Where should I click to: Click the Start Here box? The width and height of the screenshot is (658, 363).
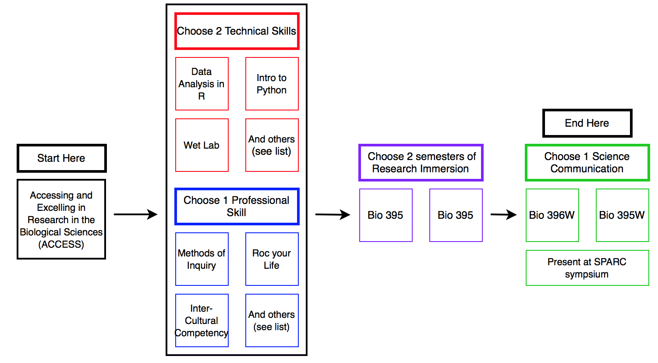(x=61, y=158)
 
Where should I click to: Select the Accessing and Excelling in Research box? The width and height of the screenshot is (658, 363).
(x=61, y=219)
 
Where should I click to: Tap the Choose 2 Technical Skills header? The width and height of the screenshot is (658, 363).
(x=237, y=31)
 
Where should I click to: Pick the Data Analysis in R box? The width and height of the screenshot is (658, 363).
(x=202, y=84)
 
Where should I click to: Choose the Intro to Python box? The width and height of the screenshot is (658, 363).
(x=272, y=84)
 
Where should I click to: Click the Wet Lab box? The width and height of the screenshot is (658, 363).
(x=202, y=145)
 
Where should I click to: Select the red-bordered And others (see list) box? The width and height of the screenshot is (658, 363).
(x=272, y=145)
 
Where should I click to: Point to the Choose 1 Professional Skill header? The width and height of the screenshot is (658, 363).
(x=237, y=206)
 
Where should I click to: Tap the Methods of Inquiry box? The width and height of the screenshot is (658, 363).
(x=202, y=259)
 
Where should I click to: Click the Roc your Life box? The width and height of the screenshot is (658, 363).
(x=272, y=259)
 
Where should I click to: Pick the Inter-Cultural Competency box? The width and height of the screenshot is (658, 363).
(x=202, y=320)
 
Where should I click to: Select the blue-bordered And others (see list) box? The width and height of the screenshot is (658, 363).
(x=272, y=320)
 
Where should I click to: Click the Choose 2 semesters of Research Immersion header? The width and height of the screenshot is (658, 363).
(x=421, y=163)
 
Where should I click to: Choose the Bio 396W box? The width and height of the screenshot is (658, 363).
(x=552, y=215)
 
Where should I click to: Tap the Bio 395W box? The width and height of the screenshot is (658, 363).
(x=622, y=215)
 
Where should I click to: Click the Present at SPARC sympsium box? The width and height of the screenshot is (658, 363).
(x=587, y=268)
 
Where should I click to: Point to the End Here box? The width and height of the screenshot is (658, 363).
(x=587, y=123)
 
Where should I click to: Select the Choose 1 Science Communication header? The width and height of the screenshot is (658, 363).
(x=587, y=163)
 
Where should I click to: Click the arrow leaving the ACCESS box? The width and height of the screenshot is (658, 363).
(x=135, y=214)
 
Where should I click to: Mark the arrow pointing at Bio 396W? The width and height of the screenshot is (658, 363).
(x=503, y=215)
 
